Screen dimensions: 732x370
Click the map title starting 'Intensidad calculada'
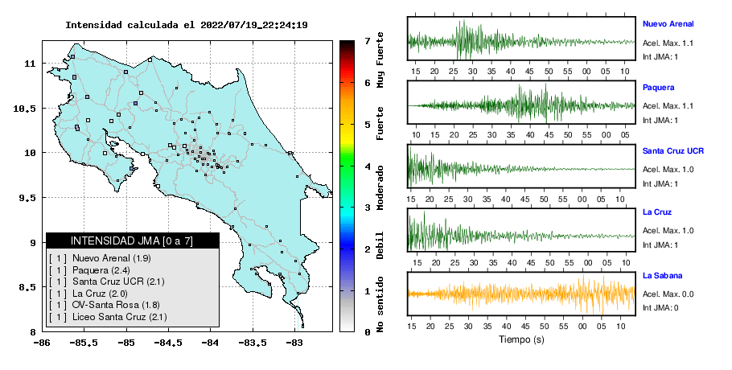click(187, 25)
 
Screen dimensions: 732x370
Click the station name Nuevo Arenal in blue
click(668, 24)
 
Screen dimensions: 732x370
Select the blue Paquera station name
click(658, 87)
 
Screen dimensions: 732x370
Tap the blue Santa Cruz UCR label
click(673, 150)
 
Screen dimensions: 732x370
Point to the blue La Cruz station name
click(657, 212)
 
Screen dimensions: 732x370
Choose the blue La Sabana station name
click(663, 275)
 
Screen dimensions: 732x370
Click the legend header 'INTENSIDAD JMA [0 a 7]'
click(132, 240)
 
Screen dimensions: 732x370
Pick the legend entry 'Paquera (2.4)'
click(101, 270)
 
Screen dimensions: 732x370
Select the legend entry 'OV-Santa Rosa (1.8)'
click(116, 305)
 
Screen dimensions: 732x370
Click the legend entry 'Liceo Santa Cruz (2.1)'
click(120, 317)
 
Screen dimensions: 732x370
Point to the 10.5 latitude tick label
click(25, 109)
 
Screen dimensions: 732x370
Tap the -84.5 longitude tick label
click(169, 343)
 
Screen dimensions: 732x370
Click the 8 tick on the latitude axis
click(33, 332)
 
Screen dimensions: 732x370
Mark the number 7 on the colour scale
click(368, 41)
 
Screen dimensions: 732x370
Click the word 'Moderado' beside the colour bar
click(380, 187)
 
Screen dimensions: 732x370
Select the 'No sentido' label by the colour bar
click(380, 304)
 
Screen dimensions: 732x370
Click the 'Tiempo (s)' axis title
click(521, 339)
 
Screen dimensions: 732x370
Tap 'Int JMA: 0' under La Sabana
click(660, 307)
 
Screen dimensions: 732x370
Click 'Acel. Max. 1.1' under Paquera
click(668, 106)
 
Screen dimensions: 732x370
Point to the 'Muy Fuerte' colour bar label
click(380, 60)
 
